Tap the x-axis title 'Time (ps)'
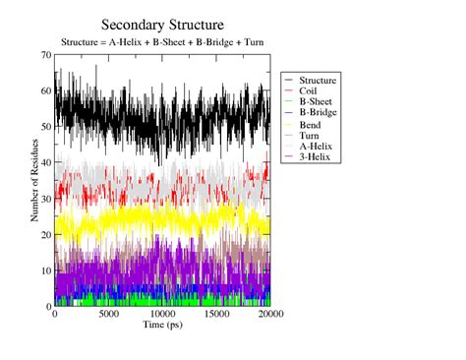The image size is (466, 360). pyautogui.click(x=162, y=324)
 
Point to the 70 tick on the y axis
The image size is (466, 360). pyautogui.click(x=45, y=56)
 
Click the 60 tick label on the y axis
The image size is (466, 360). pyautogui.click(x=45, y=91)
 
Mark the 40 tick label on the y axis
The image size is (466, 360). pyautogui.click(x=45, y=163)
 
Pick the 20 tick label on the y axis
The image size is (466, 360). pyautogui.click(x=45, y=235)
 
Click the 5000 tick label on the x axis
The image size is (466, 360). pyautogui.click(x=108, y=315)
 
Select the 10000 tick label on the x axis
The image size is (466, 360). pyautogui.click(x=162, y=315)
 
